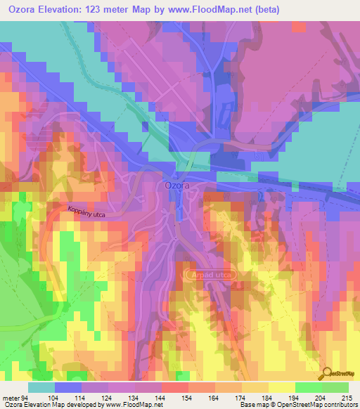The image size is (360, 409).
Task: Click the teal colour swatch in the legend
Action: pyautogui.click(x=41, y=387)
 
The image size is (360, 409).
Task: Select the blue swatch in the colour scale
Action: pyautogui.click(x=68, y=387)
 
